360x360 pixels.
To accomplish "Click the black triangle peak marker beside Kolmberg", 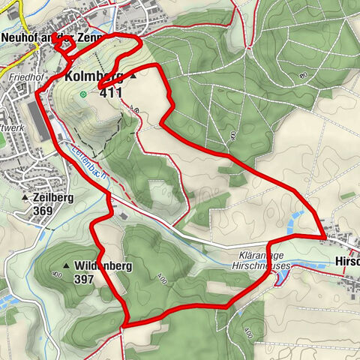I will click(x=133, y=76).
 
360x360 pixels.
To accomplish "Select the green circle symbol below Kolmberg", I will click(x=82, y=94).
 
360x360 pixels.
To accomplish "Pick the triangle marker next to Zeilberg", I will click(x=25, y=198).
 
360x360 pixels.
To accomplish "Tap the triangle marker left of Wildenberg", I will click(x=67, y=265).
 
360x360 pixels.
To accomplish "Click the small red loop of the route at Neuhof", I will click(x=67, y=44).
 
